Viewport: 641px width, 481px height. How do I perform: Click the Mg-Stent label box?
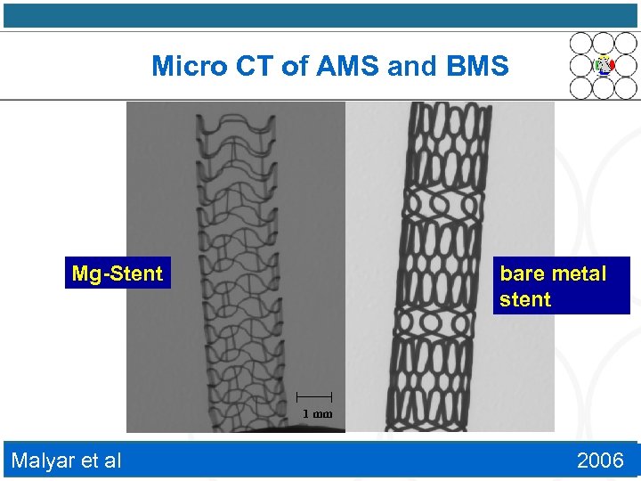(x=117, y=273)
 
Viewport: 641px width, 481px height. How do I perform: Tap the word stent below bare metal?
(x=525, y=299)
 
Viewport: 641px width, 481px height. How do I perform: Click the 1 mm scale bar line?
(x=313, y=395)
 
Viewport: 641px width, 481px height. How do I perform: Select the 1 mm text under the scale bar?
(x=316, y=413)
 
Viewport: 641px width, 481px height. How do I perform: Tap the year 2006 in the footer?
(x=600, y=460)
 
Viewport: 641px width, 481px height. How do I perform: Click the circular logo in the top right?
(x=604, y=65)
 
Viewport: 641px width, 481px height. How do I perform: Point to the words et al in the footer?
(x=102, y=460)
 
